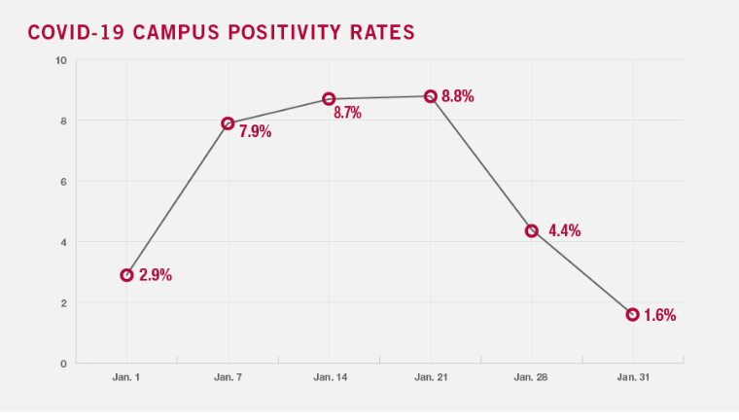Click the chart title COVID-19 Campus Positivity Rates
221,32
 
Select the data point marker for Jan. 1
127,275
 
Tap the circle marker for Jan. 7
229,123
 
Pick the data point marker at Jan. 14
329,99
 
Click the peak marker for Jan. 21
430,96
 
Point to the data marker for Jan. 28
531,230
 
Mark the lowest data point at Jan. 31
632,314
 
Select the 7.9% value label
255,132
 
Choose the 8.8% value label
457,96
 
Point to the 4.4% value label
564,230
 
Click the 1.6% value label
659,315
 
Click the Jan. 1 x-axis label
127,376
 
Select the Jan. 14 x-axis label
329,376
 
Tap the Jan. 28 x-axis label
531,376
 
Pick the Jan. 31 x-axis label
632,376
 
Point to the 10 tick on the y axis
60,60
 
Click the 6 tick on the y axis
63,182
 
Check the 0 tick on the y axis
63,363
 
